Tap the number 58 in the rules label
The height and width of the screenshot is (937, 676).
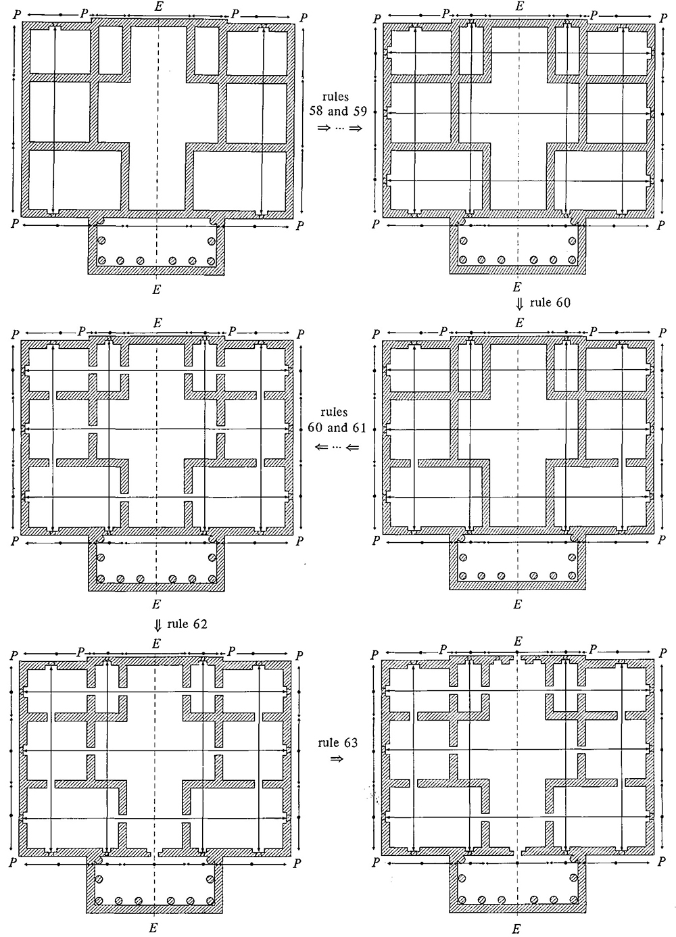click(x=316, y=112)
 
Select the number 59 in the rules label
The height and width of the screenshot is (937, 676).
click(x=360, y=112)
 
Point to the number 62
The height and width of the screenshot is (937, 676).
click(x=200, y=624)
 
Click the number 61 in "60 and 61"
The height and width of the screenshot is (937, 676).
click(x=359, y=427)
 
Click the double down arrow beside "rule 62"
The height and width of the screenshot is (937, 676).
click(x=158, y=625)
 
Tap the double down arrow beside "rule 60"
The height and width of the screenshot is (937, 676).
click(x=520, y=304)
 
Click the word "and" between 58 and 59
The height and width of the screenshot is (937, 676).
click(x=338, y=112)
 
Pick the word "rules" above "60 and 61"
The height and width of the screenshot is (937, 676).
click(x=334, y=412)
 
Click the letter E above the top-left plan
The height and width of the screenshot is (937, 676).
click(x=158, y=7)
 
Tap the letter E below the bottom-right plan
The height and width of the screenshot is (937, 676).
click(x=516, y=929)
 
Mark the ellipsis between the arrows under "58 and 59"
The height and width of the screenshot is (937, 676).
click(x=339, y=128)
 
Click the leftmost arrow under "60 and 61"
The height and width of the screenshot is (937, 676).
click(x=322, y=447)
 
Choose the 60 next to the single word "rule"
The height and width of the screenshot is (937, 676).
click(x=563, y=302)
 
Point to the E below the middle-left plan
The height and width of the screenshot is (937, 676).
click(x=156, y=604)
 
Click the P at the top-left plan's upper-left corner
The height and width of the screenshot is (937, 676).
click(x=17, y=15)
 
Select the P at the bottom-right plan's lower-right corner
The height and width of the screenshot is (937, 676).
click(x=661, y=862)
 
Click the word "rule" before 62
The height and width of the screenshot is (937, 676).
click(x=178, y=624)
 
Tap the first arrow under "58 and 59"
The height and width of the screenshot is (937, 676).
click(x=324, y=128)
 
